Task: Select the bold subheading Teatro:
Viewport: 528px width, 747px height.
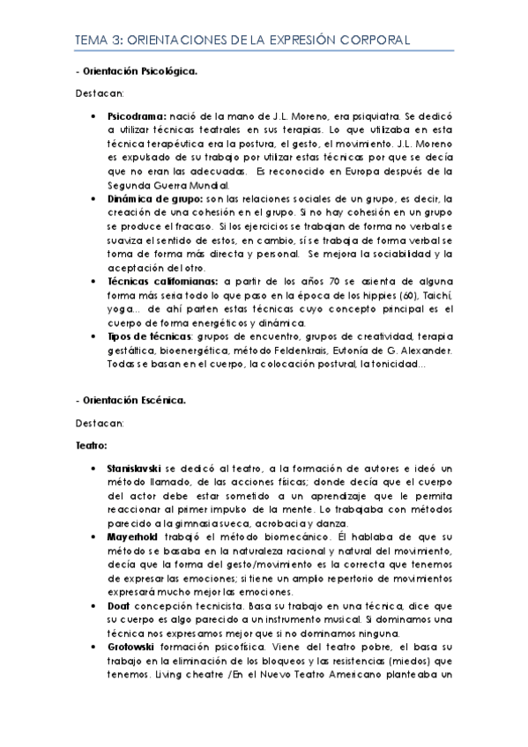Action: [91, 447]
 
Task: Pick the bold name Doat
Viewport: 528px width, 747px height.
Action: [116, 607]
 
